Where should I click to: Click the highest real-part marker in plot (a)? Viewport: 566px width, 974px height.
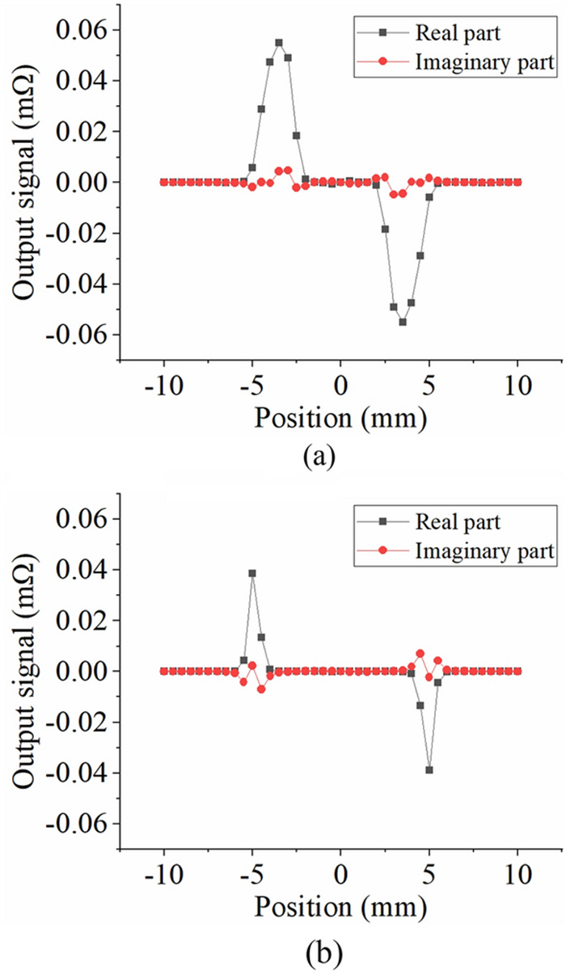coord(279,43)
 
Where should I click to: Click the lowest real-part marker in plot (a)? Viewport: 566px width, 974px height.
coord(403,322)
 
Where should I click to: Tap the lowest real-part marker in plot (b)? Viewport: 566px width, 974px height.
coord(429,770)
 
